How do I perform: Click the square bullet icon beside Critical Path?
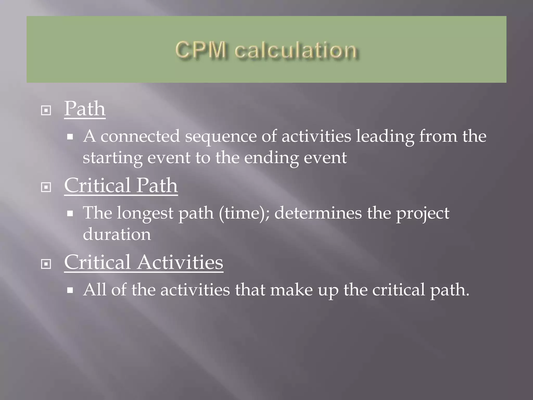[46, 187]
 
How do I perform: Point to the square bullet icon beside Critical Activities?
[46, 264]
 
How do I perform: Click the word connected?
[140, 136]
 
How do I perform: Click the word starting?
[112, 158]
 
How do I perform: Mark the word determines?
[318, 213]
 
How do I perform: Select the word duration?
[117, 234]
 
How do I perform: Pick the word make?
[291, 290]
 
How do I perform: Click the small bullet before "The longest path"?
[70, 214]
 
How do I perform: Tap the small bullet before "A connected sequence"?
[70, 137]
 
